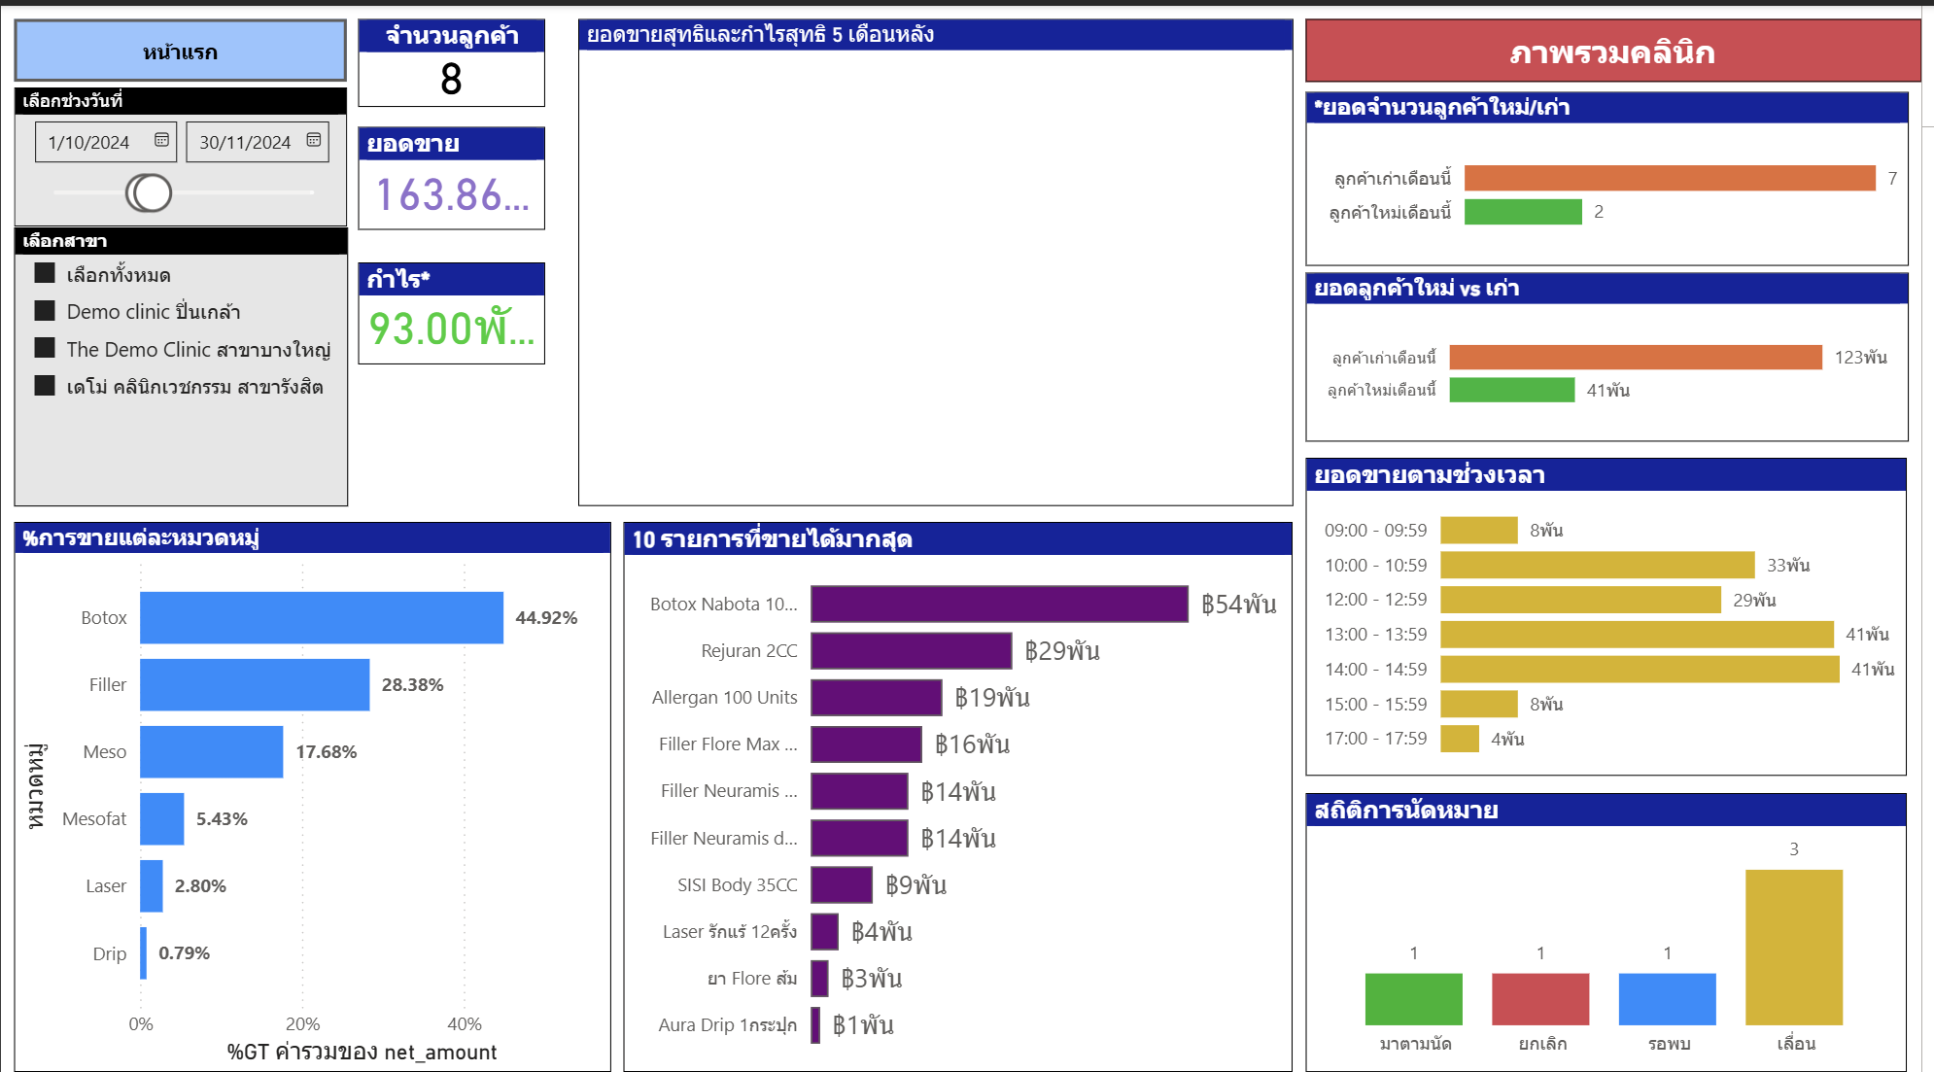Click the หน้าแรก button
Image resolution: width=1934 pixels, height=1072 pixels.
pos(180,52)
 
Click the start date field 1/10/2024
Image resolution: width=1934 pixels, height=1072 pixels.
pos(89,143)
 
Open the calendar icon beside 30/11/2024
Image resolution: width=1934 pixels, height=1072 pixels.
pos(314,140)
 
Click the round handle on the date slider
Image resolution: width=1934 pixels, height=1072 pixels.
pos(149,193)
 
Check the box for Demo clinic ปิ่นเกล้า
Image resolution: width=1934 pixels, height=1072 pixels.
pos(45,311)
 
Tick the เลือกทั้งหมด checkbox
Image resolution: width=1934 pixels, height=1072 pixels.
pos(45,273)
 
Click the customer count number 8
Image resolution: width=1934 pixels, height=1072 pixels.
pos(451,80)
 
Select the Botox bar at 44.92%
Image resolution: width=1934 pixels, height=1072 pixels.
pos(321,617)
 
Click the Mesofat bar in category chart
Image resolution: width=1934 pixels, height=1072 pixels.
pos(161,818)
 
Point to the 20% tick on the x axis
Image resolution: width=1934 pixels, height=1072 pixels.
pos(302,1023)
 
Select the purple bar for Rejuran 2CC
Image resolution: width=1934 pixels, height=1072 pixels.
pos(911,650)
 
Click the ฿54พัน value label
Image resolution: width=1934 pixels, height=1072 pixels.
pos(1238,605)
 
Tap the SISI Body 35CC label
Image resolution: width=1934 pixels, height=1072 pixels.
pos(737,884)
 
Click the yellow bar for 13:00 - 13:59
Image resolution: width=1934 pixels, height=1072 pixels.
pos(1636,635)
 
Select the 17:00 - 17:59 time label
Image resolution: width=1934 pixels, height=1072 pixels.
pos(1375,739)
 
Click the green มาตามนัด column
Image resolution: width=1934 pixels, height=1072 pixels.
pos(1413,999)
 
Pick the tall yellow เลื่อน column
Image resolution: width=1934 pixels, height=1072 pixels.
pos(1793,948)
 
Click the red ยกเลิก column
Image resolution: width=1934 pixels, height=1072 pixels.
pos(1539,999)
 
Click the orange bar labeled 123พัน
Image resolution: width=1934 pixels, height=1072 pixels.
pos(1635,358)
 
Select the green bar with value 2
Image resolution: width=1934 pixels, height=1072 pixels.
pos(1522,212)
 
